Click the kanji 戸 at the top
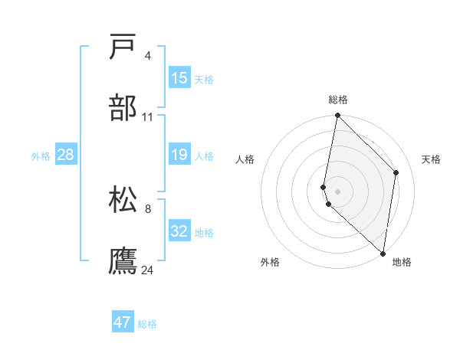tap(124, 47)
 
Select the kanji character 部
tap(124, 108)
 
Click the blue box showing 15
tap(179, 77)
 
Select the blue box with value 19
tap(179, 155)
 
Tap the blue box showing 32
tap(179, 231)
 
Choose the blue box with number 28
tap(66, 155)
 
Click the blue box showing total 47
tap(123, 322)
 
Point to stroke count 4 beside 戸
tap(147, 56)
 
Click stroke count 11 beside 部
tap(147, 117)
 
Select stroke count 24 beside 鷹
tap(147, 270)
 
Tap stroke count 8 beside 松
tap(147, 208)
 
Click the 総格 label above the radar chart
tap(338, 100)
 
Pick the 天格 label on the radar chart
tap(432, 159)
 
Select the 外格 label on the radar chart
tap(270, 262)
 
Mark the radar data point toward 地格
tap(383, 254)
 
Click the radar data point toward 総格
tap(337, 116)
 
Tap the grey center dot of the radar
tap(337, 191)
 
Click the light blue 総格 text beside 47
tap(147, 324)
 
